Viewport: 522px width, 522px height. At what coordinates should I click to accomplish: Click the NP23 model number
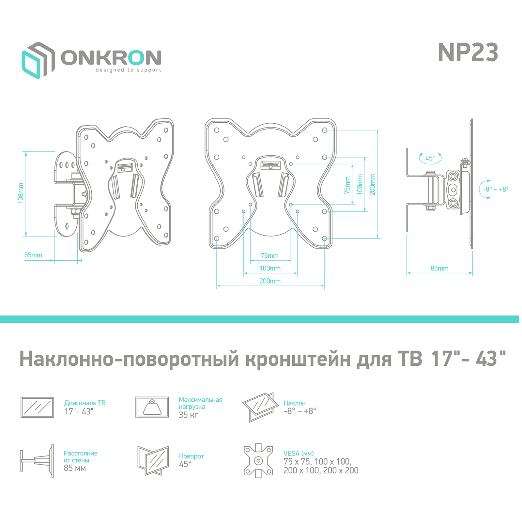tap(468, 52)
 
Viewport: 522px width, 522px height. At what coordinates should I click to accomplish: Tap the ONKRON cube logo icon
tap(38, 60)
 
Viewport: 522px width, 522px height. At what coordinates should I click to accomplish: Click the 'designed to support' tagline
tap(129, 70)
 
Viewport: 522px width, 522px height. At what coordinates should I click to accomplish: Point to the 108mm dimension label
tap(21, 193)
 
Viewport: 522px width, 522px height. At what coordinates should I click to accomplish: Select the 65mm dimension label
tap(33, 255)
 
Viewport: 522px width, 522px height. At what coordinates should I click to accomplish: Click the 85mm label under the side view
tap(439, 268)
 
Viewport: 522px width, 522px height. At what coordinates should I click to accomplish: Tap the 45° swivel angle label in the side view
tap(430, 158)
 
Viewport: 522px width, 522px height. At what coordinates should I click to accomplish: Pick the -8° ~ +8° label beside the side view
tap(496, 189)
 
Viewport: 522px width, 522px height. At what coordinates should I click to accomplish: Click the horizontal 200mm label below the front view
tap(270, 281)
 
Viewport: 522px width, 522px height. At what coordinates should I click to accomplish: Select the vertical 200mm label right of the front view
tap(373, 185)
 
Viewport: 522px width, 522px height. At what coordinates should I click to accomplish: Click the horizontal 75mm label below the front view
tap(269, 255)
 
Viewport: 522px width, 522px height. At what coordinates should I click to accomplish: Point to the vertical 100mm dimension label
tap(360, 185)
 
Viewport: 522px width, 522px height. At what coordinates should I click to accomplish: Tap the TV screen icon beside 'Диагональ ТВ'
tap(37, 407)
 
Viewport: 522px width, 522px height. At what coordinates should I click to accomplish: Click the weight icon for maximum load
tap(152, 407)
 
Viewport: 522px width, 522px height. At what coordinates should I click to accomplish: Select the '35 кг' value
tap(188, 415)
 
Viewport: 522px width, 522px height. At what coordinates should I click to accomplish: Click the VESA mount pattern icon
tap(258, 461)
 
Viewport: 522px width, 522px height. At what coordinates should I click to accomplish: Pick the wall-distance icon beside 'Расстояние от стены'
tap(37, 461)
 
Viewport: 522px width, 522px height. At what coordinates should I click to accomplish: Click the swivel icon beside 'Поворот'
tap(153, 461)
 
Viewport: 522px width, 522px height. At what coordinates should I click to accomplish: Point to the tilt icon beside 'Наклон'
tap(260, 407)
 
